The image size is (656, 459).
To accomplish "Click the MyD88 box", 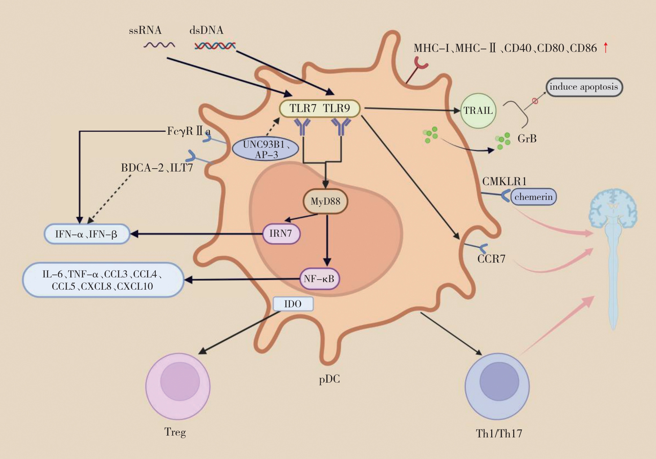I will (x=325, y=201).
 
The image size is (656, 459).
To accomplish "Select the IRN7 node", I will (x=281, y=233).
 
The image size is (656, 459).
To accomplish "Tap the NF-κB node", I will (x=319, y=278).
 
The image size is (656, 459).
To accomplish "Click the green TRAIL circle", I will (x=478, y=111).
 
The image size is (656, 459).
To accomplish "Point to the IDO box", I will (x=293, y=304).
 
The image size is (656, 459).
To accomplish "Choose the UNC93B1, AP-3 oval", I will (x=265, y=150).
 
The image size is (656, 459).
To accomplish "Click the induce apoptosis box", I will (x=584, y=87).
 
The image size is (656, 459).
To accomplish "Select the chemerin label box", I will (x=533, y=197).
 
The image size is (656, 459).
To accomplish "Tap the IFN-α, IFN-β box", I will (x=86, y=234).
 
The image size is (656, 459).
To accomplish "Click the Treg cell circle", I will (x=178, y=386).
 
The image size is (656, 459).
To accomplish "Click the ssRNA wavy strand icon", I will (x=159, y=45).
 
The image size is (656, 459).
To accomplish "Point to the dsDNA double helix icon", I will (x=215, y=46).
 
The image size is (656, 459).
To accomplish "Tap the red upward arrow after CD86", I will (x=606, y=48).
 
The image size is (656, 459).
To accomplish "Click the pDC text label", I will (x=329, y=379).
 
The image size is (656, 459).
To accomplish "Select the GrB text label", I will (x=527, y=138).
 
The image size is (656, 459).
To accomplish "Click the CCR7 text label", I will (x=491, y=259).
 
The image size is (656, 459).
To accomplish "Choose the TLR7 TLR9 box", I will (x=320, y=108).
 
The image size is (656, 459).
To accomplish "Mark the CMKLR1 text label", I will (x=504, y=181).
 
